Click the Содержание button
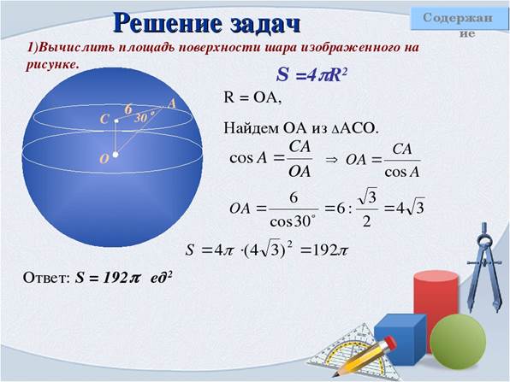pos(460,19)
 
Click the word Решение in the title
pos(168,23)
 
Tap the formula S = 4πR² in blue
pos(311,75)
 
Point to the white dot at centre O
pos(116,155)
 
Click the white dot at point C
pos(116,121)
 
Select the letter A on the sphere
pos(172,103)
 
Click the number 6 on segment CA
pos(128,109)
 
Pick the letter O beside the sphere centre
pos(104,159)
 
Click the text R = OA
pos(252,97)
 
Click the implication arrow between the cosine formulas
pos(331,160)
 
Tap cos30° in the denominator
pos(293,221)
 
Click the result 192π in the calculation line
pos(329,250)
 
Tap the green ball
pos(458,341)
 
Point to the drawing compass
pos(484,267)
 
